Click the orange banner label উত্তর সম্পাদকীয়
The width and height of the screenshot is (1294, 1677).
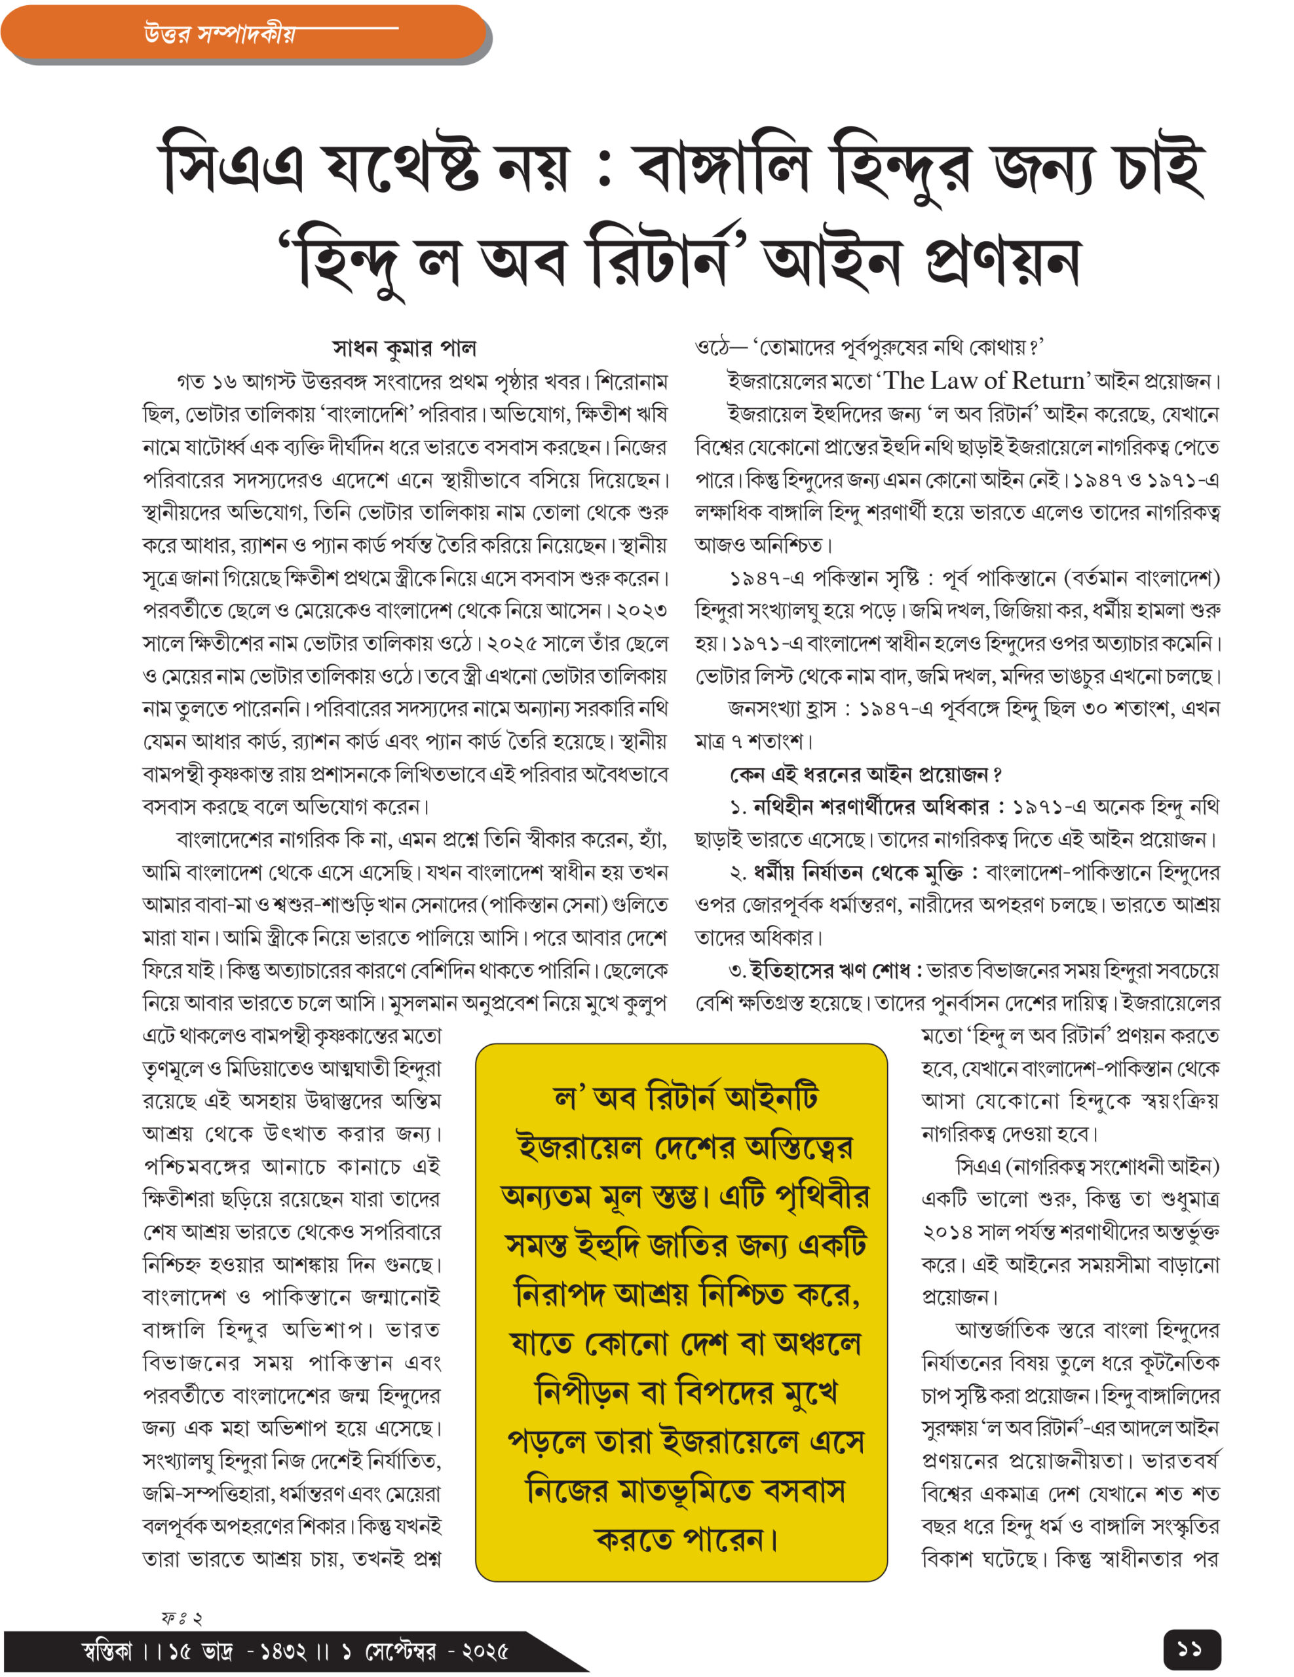coord(219,34)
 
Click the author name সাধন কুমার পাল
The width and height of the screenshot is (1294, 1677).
coord(404,348)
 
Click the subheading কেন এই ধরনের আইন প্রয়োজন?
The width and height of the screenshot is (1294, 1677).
coord(866,774)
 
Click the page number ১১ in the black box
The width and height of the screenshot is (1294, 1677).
coord(1191,1649)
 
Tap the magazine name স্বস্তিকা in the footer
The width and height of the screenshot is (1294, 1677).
coord(107,1651)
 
